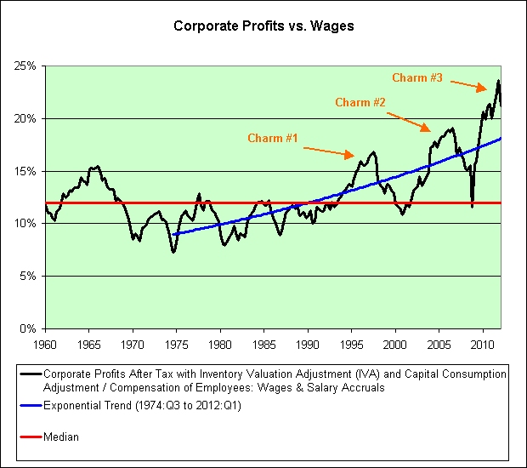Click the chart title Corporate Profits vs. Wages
click(x=263, y=26)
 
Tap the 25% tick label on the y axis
click(x=23, y=66)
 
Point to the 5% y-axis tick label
click(x=25, y=276)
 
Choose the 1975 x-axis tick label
click(x=176, y=345)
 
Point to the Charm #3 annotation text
click(x=417, y=77)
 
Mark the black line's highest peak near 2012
click(x=498, y=81)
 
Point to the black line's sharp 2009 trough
click(x=472, y=205)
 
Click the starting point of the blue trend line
click(x=173, y=234)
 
